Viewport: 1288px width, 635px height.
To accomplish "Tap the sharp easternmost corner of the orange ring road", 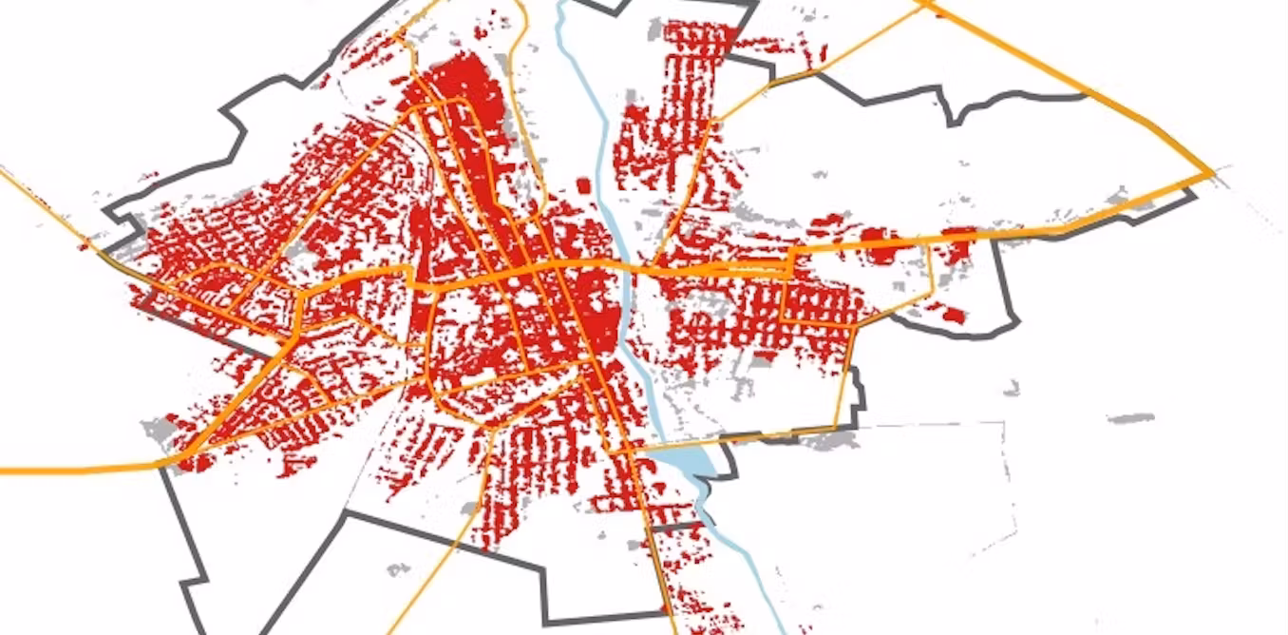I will click(1213, 173).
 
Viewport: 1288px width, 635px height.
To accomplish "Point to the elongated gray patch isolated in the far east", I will click(1130, 417).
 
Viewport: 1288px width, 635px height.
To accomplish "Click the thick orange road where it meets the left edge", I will click(4, 470).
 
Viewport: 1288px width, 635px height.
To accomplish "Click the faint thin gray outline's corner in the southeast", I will click(1004, 423).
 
